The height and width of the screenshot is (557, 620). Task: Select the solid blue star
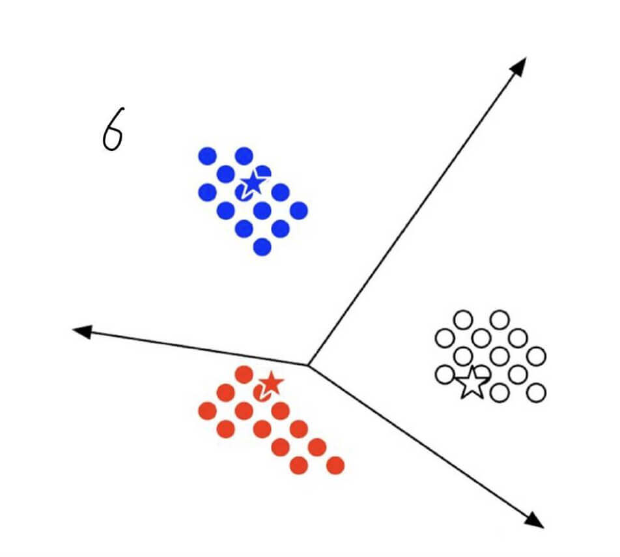tap(253, 183)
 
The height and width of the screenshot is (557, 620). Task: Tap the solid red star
tap(271, 384)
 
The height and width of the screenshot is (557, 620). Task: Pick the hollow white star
tap(472, 383)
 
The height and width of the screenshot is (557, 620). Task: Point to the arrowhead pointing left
tap(81, 331)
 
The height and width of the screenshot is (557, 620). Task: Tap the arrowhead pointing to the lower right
tap(535, 519)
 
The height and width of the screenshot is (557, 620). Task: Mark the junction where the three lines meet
tap(307, 364)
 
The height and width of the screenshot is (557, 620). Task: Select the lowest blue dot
tap(262, 247)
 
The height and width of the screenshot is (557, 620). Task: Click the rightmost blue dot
tap(298, 210)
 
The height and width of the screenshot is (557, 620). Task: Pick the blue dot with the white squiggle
tap(244, 192)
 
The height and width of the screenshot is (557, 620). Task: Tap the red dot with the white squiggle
tap(262, 393)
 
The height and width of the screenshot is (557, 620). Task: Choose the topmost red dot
tap(244, 375)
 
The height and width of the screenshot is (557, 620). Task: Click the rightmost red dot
tap(335, 465)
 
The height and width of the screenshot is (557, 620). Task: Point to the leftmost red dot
tap(207, 410)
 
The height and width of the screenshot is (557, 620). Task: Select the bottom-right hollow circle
tap(536, 392)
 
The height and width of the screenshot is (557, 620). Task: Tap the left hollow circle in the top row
tap(463, 320)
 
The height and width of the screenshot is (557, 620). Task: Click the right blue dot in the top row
tap(244, 156)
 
